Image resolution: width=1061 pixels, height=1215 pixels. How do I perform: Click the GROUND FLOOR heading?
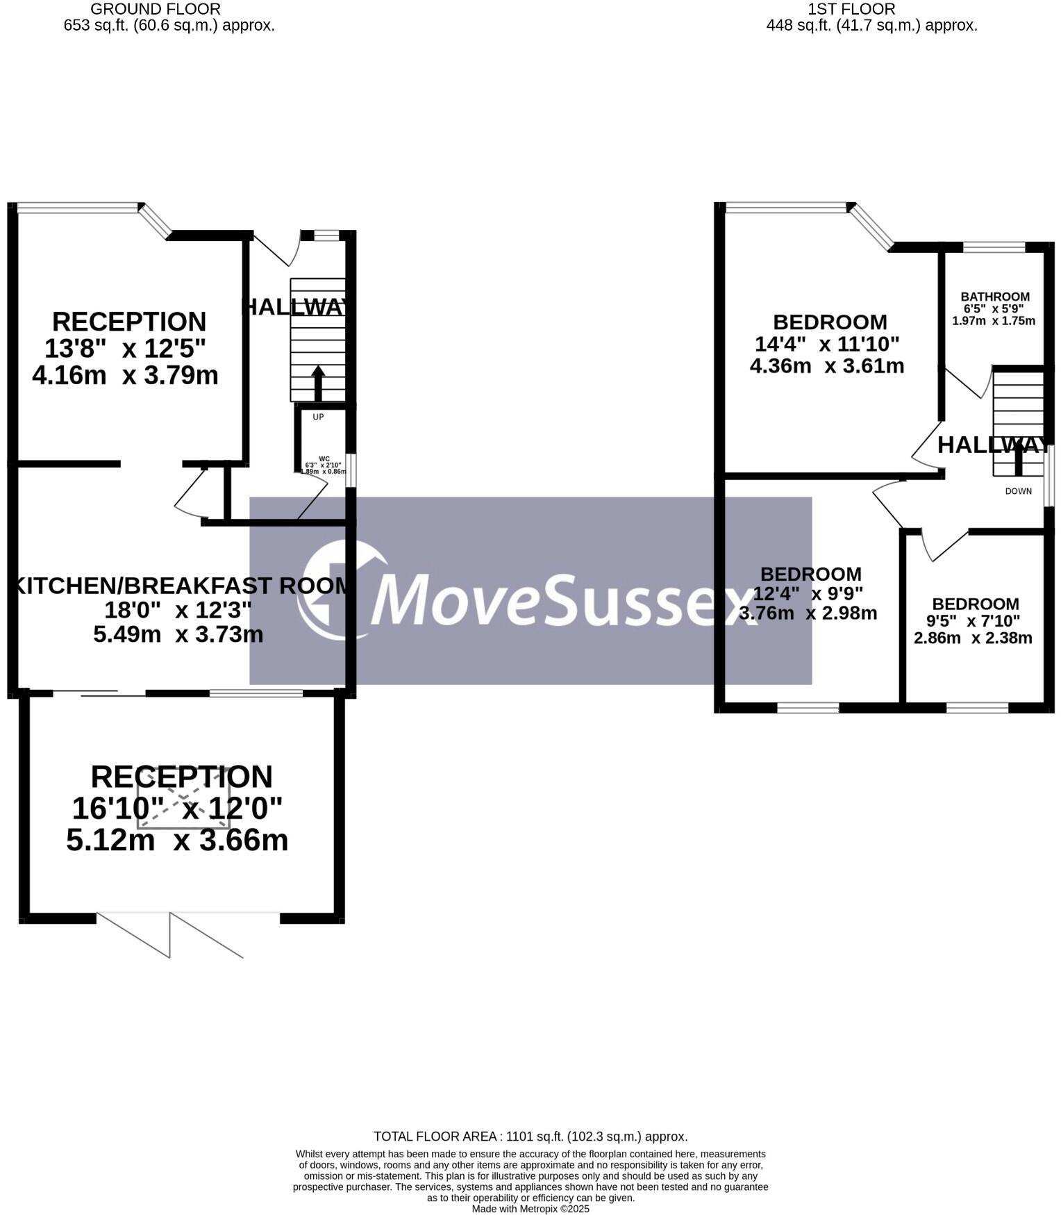(x=156, y=9)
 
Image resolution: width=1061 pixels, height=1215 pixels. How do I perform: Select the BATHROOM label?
(x=994, y=297)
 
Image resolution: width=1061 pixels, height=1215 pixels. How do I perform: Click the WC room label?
(x=324, y=458)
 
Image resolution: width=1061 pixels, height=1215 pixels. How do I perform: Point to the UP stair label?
(x=318, y=417)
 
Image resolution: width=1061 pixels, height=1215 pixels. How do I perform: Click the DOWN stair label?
(x=1018, y=491)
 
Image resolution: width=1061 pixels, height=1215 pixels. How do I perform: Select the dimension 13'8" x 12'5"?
(x=125, y=348)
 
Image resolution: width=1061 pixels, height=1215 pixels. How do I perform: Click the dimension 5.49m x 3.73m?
(x=178, y=634)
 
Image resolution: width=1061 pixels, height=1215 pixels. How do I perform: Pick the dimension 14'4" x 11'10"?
(x=826, y=344)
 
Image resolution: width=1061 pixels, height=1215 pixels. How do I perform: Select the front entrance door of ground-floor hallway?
(x=276, y=250)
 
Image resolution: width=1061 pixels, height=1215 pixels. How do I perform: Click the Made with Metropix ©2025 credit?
(x=530, y=1209)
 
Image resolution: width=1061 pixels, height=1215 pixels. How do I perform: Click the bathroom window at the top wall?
(x=994, y=247)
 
